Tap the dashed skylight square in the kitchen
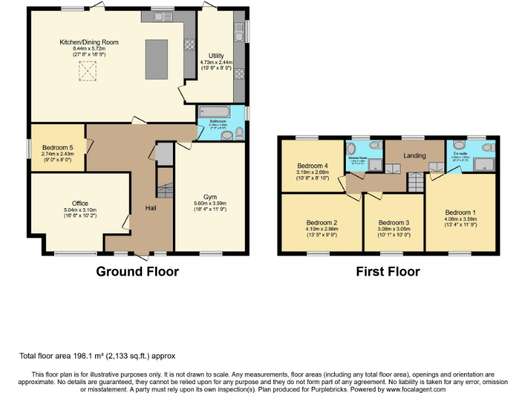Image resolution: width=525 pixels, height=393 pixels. point(87,70)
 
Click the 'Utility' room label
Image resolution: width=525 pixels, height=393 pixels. point(215,56)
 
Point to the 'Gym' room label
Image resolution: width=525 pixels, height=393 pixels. point(210,196)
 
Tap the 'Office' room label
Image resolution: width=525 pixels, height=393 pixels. point(81,203)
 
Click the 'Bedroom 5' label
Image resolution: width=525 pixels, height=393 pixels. point(57,148)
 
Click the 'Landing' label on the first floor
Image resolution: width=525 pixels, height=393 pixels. point(414,156)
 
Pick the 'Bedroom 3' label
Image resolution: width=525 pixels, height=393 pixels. point(393,222)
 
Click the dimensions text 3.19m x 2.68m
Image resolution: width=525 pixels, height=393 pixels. point(313,173)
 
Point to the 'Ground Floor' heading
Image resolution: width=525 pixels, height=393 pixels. point(137,272)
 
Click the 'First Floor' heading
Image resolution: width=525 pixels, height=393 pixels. point(388,272)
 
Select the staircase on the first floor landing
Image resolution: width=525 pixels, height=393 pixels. point(416,182)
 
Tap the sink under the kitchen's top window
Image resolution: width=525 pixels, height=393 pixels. point(163,15)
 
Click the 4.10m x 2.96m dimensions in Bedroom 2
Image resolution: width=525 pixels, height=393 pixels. point(322,229)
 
